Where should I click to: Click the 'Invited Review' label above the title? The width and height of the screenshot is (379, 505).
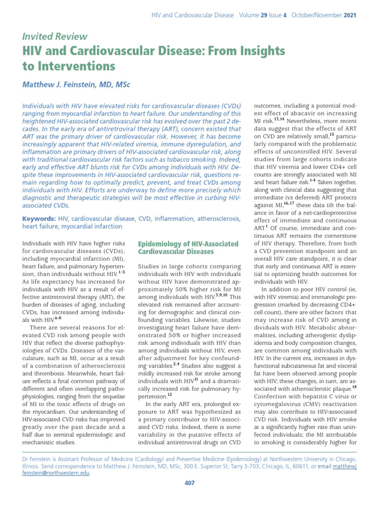(x=55, y=36)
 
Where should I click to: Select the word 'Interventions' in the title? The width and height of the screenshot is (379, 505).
(x=76, y=66)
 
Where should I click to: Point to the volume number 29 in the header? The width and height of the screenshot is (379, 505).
(x=265, y=15)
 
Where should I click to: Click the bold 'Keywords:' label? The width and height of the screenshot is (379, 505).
(x=39, y=218)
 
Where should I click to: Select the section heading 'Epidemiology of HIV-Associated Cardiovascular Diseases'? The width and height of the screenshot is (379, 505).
(x=188, y=248)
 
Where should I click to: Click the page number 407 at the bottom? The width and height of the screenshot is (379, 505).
(x=189, y=483)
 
